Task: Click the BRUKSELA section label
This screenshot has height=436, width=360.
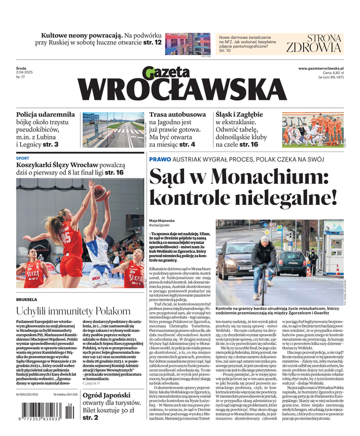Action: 27,299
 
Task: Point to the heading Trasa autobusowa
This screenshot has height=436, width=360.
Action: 178,115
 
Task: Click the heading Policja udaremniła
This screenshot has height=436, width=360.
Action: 45,114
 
